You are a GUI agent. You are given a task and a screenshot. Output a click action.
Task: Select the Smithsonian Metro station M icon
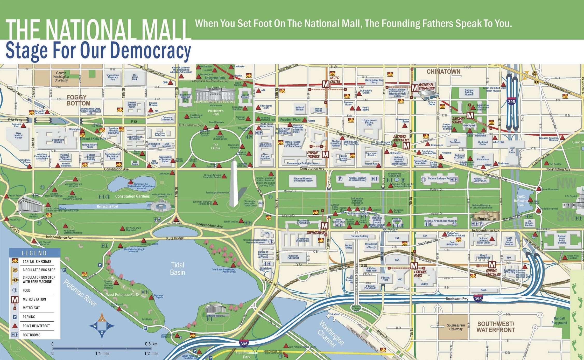click(x=324, y=226)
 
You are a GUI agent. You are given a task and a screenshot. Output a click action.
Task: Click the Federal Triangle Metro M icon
click(x=325, y=155)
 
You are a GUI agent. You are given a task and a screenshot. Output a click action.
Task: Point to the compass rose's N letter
click(x=102, y=319)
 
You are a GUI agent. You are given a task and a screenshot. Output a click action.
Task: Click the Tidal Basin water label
click(x=178, y=268)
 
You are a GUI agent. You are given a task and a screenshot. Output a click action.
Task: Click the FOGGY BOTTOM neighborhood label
click(x=79, y=100)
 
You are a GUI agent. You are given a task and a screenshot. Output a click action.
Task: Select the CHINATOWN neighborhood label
click(x=444, y=72)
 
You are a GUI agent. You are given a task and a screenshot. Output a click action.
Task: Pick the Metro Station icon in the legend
click(x=15, y=300)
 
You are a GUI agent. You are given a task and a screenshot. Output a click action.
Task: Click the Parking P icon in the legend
click(x=15, y=317)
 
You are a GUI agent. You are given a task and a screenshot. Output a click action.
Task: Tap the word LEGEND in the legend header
click(x=34, y=253)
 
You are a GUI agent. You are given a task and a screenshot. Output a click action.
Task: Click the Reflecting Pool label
click(x=107, y=206)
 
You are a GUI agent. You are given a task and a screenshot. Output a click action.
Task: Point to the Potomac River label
click(x=80, y=293)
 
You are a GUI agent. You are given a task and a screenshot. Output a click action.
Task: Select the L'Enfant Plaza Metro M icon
click(x=414, y=266)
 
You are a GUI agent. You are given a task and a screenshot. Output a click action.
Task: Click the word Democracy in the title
click(x=148, y=51)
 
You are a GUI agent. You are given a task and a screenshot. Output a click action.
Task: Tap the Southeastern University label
click(x=456, y=327)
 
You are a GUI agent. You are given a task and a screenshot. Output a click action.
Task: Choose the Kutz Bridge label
click(x=175, y=238)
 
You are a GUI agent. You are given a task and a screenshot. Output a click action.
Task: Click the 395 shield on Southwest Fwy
click(x=478, y=299)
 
